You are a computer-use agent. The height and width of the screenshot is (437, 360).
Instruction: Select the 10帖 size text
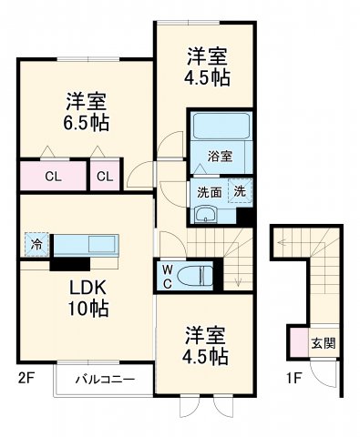click(87, 310)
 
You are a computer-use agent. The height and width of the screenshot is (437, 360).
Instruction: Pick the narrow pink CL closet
click(106, 176)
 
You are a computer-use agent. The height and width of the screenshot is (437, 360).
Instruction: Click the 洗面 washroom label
click(209, 192)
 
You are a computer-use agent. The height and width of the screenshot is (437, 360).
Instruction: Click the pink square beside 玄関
click(299, 342)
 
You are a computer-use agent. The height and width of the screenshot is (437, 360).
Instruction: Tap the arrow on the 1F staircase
click(284, 243)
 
